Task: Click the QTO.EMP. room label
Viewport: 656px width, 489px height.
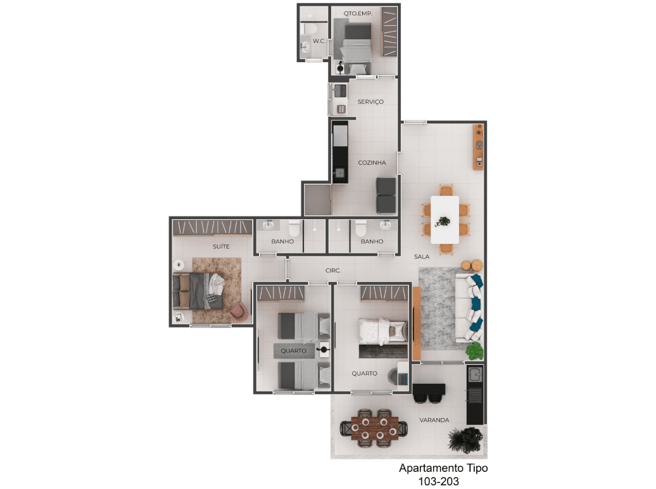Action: pyautogui.click(x=358, y=13)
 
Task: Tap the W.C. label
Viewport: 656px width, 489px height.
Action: pyautogui.click(x=319, y=41)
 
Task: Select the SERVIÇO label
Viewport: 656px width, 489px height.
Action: pyautogui.click(x=370, y=102)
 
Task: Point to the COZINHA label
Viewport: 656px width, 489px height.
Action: pyautogui.click(x=372, y=162)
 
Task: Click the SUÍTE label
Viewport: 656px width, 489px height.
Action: pyautogui.click(x=221, y=246)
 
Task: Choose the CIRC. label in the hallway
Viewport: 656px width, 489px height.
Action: pyautogui.click(x=333, y=270)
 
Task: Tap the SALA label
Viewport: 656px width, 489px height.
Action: pyautogui.click(x=422, y=257)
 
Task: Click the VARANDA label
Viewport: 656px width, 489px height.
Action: pyautogui.click(x=434, y=420)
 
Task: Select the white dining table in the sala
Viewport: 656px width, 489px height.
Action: pyautogui.click(x=445, y=220)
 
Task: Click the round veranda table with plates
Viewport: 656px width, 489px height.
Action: pyautogui.click(x=374, y=428)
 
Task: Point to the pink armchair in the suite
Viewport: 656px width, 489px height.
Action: pyautogui.click(x=239, y=311)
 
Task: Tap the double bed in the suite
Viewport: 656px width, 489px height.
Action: pyautogui.click(x=199, y=291)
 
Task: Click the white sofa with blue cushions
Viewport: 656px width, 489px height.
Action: pyautogui.click(x=469, y=308)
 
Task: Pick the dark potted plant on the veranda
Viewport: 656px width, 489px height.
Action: pyautogui.click(x=465, y=440)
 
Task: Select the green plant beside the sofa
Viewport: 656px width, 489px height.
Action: pyautogui.click(x=474, y=351)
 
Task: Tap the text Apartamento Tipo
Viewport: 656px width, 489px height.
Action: pyautogui.click(x=443, y=468)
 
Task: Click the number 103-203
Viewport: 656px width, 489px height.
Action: pyautogui.click(x=438, y=481)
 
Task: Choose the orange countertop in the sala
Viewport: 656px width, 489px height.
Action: pyautogui.click(x=478, y=146)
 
